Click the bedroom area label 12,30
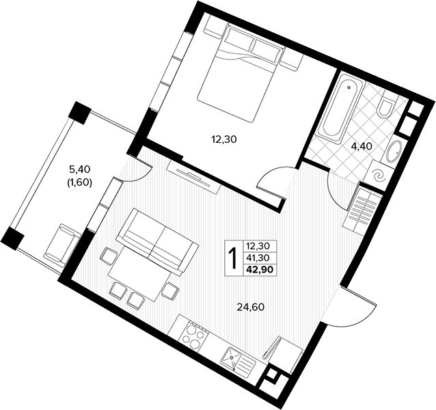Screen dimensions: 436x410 pos(224,139)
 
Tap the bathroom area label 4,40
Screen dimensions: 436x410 pos(362,146)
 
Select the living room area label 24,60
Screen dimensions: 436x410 pos(251,307)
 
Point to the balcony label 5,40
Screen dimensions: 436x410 pos(80,169)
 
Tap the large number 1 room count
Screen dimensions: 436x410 pos(233,258)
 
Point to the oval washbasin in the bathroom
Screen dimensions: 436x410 pos(394,152)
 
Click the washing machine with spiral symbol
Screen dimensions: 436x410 pos(379,175)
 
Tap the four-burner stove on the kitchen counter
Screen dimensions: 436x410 pos(194,335)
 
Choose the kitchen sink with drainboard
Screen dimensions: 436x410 pos(238,359)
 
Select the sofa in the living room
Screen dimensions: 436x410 pos(157,241)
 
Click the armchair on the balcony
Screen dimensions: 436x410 pos(63,244)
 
